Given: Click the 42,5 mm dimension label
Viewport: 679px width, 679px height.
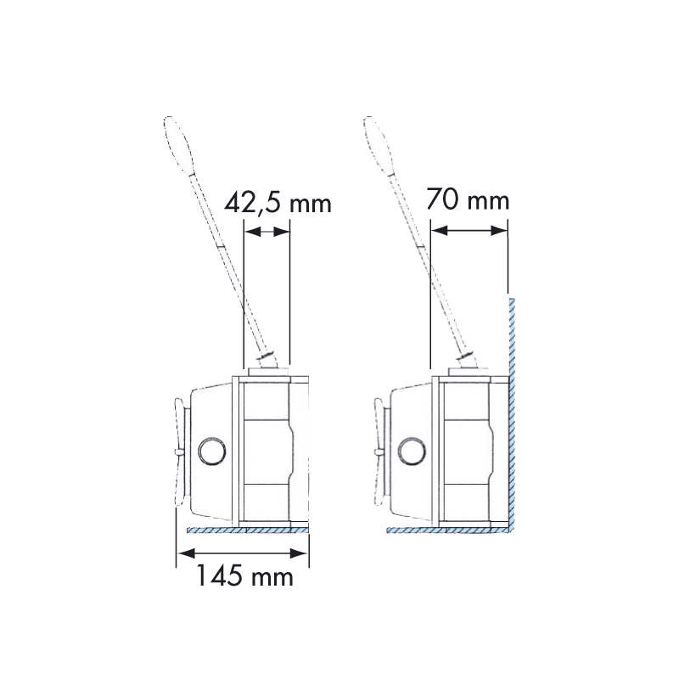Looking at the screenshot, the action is point(278,203).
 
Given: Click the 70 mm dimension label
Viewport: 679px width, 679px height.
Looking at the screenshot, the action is point(467,199).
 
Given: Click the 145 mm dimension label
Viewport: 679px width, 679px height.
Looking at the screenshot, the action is point(245,576).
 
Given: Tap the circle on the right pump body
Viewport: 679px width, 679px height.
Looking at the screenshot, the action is point(412,452).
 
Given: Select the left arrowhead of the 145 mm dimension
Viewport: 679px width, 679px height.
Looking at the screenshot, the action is point(186,553).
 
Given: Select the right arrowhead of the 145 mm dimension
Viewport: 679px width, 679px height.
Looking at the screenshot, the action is point(299,553).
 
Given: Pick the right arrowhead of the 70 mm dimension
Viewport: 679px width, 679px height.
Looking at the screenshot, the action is point(499,231).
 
